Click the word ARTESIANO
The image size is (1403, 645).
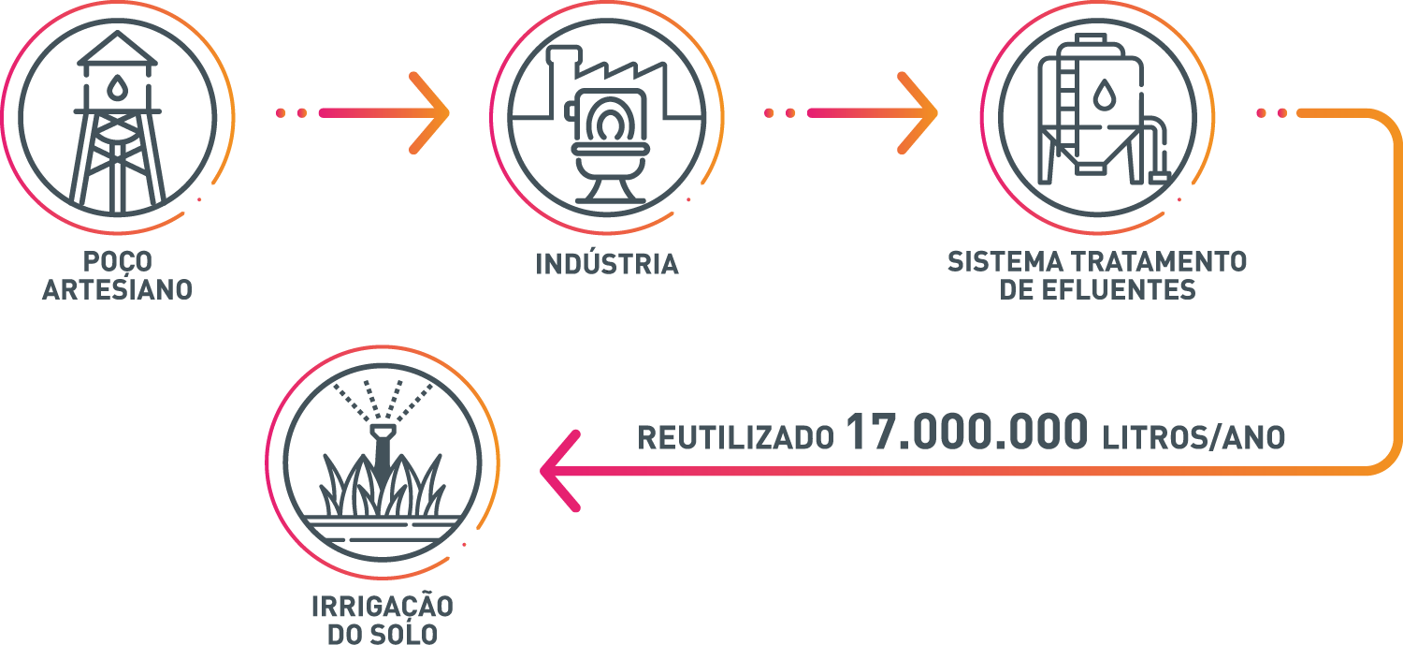118,289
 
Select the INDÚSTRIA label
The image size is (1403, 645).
607,264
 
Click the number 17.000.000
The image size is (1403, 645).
967,432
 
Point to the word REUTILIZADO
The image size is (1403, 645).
735,437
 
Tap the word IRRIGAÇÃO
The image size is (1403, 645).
382,607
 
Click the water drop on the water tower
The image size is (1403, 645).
117,88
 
